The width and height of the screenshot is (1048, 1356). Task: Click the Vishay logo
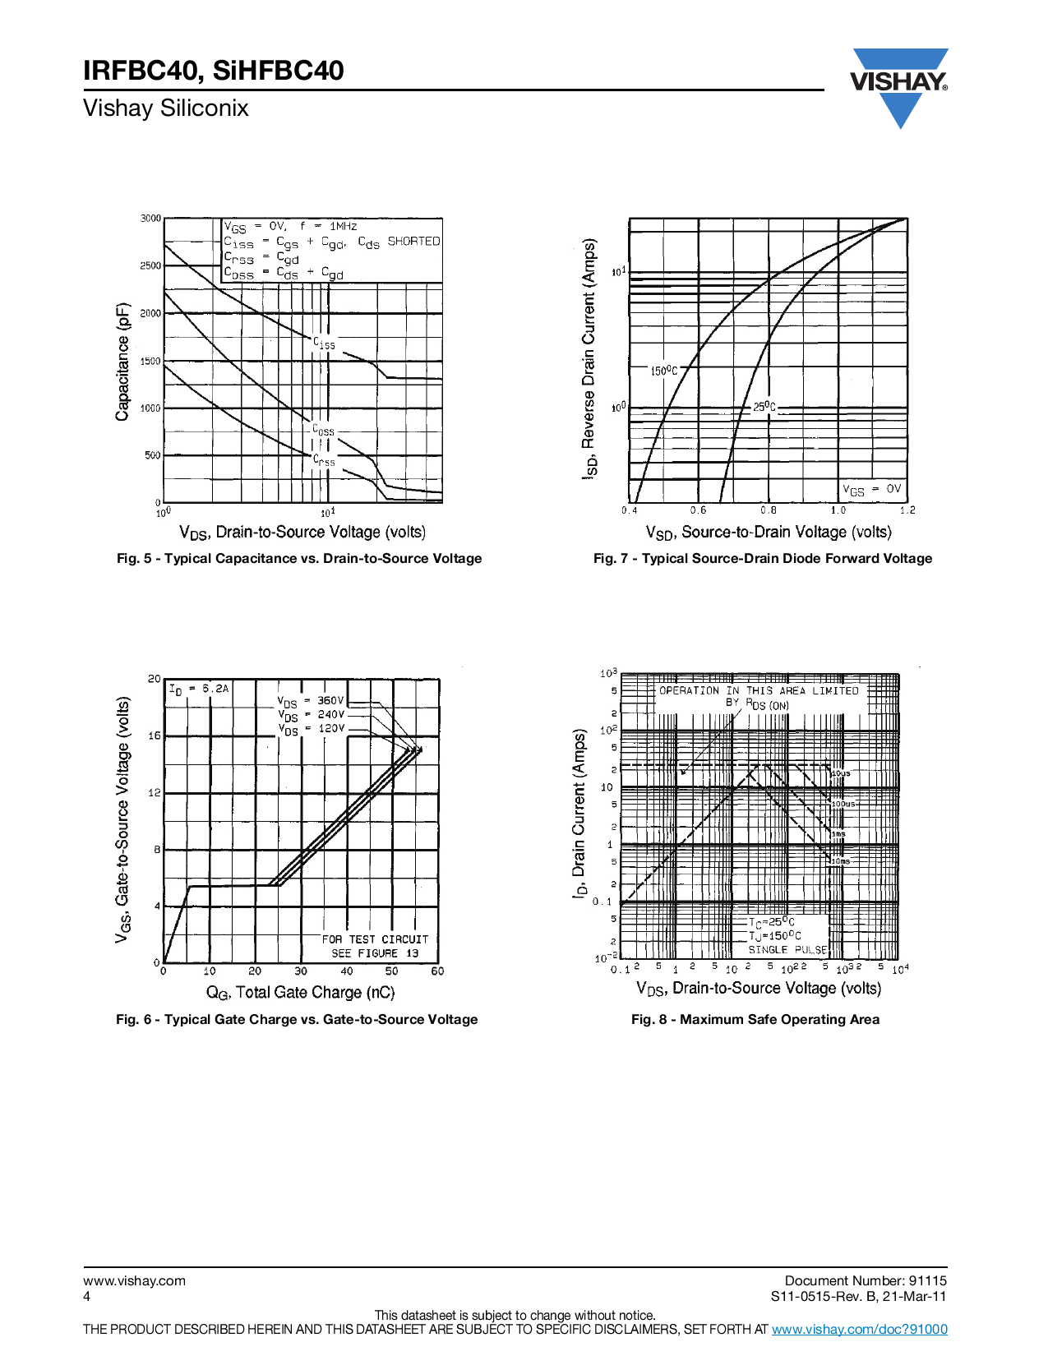pyautogui.click(x=899, y=83)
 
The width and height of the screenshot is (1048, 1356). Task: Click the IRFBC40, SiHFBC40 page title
pyautogui.click(x=214, y=71)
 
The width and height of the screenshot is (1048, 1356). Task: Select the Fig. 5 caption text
pyautogui.click(x=299, y=559)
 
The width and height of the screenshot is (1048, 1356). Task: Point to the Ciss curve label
pyautogui.click(x=324, y=344)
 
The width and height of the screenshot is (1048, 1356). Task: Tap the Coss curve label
pyautogui.click(x=323, y=430)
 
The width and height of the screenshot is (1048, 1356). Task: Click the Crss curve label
pyautogui.click(x=324, y=461)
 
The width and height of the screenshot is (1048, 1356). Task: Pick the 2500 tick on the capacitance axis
pyautogui.click(x=150, y=266)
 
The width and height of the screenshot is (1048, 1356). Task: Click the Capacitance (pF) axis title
pyautogui.click(x=122, y=362)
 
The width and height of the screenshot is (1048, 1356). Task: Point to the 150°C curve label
pyautogui.click(x=664, y=371)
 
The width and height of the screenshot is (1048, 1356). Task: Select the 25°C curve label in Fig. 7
pyautogui.click(x=764, y=407)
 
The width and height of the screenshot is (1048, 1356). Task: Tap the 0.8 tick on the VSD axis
pyautogui.click(x=768, y=510)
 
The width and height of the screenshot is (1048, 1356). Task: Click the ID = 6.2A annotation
pyautogui.click(x=199, y=690)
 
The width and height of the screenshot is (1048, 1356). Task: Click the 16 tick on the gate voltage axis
pyautogui.click(x=155, y=736)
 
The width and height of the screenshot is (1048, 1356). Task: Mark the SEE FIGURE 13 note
pyautogui.click(x=375, y=953)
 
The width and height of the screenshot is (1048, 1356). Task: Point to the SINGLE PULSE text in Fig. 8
pyautogui.click(x=787, y=950)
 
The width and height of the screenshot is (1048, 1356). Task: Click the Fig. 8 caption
pyautogui.click(x=755, y=1020)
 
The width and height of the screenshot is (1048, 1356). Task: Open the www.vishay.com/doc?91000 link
pyautogui.click(x=859, y=1329)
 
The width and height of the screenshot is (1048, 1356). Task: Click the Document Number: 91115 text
pyautogui.click(x=866, y=1280)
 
